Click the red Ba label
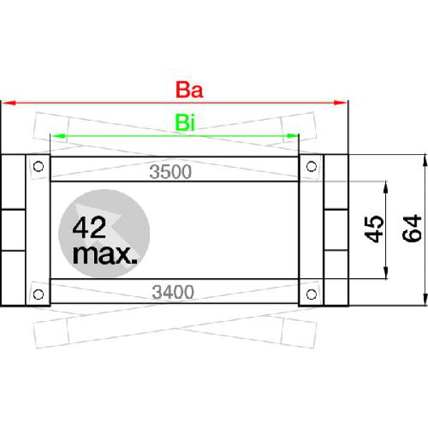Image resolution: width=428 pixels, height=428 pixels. [189, 90]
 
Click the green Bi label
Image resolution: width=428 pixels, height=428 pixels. [185, 123]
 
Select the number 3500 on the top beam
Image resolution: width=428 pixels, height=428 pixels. [170, 172]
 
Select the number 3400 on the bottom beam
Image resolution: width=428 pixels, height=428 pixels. [173, 292]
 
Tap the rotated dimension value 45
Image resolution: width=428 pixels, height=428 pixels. [374, 229]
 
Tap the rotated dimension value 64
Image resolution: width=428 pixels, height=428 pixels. [412, 228]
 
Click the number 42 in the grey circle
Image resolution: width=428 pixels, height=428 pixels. [89, 228]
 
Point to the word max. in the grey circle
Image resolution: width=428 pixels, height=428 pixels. [105, 255]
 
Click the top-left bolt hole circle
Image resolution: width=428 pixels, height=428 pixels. [39, 166]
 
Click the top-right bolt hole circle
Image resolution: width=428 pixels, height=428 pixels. [312, 166]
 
